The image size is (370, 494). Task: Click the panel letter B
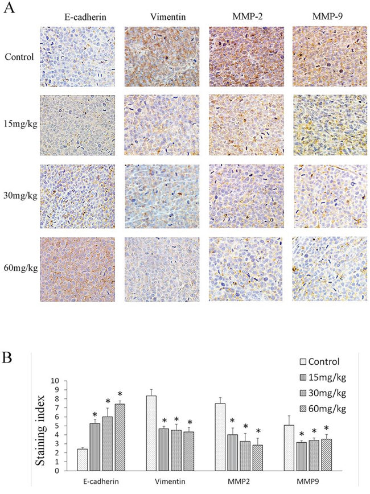pyautogui.click(x=7, y=357)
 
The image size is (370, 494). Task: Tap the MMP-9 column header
pyautogui.click(x=327, y=17)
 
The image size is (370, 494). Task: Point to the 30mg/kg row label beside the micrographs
pyautogui.click(x=20, y=196)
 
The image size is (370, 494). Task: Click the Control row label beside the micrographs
pyautogui.click(x=19, y=57)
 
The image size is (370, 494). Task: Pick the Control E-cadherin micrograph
pyautogui.click(x=77, y=56)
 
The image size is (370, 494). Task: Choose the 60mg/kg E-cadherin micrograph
pyautogui.click(x=77, y=270)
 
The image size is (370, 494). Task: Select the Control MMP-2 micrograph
pyautogui.click(x=246, y=56)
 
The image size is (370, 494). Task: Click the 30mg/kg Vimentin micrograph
pyautogui.click(x=162, y=196)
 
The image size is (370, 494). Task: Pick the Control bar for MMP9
pyautogui.click(x=289, y=448)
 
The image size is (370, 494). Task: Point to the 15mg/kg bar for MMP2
pyautogui.click(x=232, y=452)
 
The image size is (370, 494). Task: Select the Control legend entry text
pyautogui.click(x=324, y=361)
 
